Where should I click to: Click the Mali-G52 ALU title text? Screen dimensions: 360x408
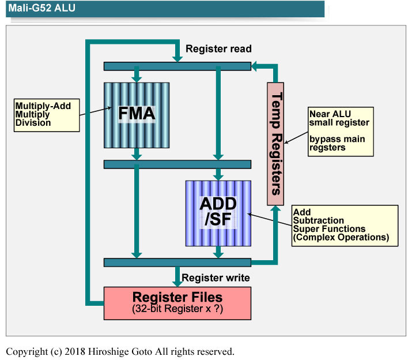[x=41, y=9]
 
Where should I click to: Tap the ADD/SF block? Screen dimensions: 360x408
[x=218, y=213]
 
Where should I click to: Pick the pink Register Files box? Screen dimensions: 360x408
[x=177, y=303]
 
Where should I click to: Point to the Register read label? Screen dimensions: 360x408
[x=218, y=49]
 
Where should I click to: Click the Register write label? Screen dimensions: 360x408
[x=216, y=278]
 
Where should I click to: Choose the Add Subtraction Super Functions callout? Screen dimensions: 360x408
[x=345, y=224]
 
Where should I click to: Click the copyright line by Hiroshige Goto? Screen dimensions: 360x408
[x=120, y=351]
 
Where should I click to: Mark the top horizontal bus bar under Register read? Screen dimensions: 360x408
[x=177, y=66]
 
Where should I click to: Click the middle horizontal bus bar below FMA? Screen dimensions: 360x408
[x=177, y=164]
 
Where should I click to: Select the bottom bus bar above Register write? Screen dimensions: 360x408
[x=177, y=262]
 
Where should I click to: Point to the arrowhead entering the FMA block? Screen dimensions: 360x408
[x=137, y=78]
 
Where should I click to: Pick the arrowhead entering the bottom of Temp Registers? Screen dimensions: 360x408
[x=276, y=209]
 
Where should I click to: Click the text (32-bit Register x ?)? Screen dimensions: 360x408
[x=177, y=310]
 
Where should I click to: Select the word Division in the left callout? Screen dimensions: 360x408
[x=33, y=122]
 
